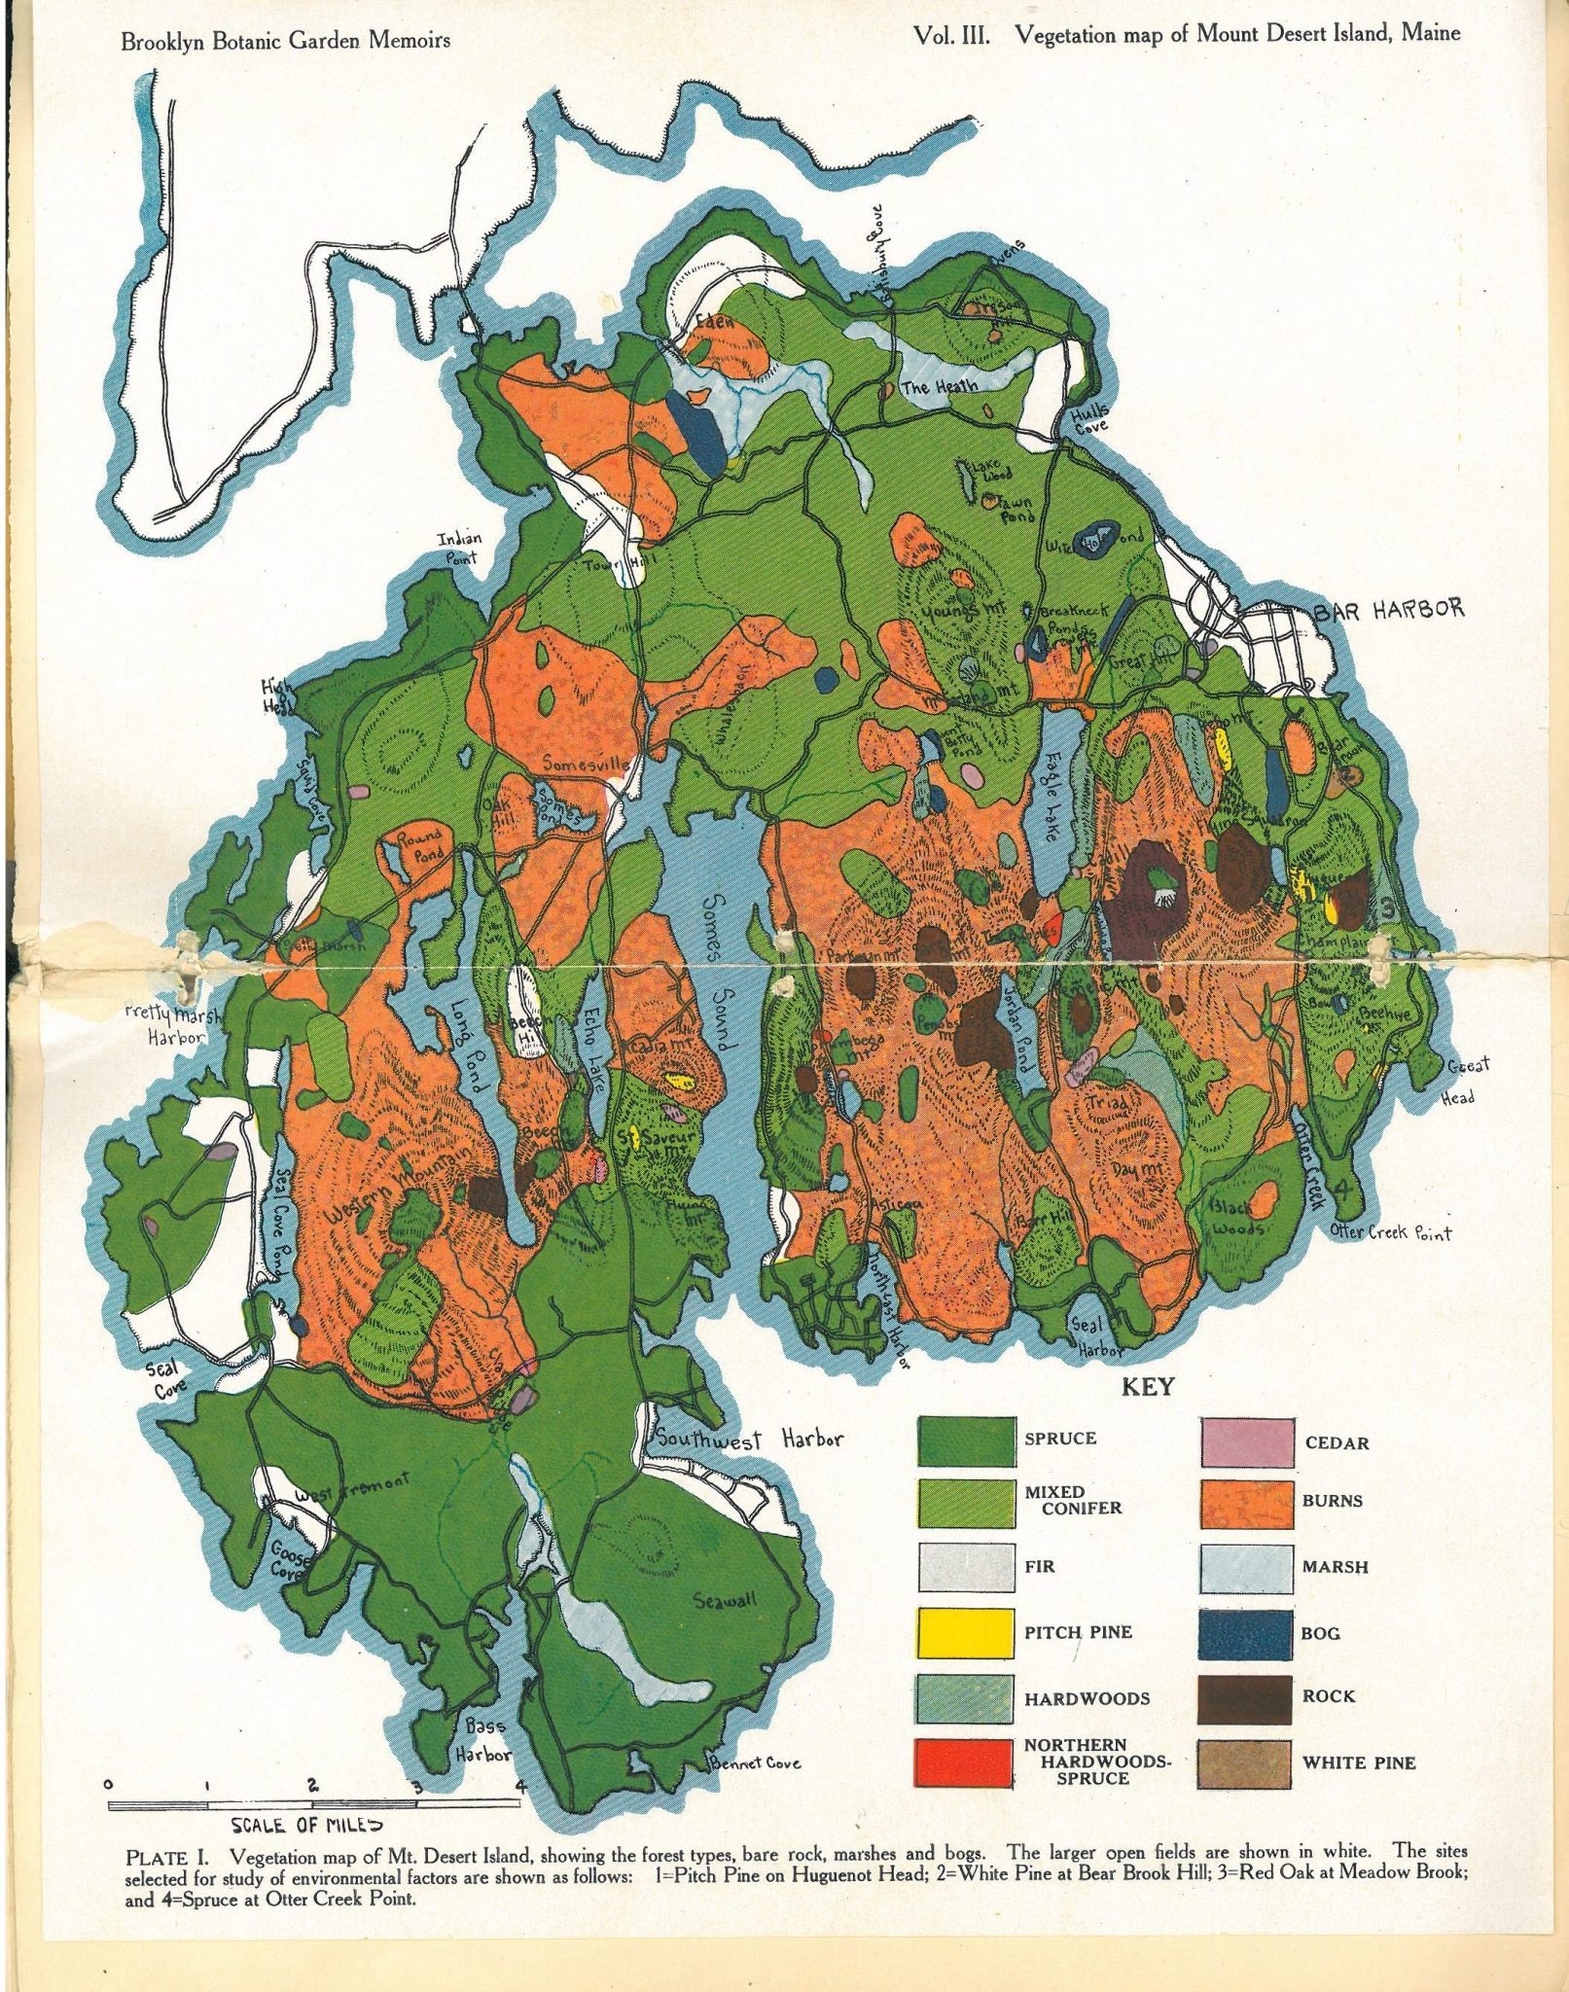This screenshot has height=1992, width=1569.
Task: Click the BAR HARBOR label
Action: [1389, 610]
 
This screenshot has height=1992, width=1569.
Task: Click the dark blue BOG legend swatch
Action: [1247, 1631]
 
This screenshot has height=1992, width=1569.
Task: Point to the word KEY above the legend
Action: [1148, 1387]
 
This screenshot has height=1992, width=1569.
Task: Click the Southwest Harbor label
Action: [748, 1439]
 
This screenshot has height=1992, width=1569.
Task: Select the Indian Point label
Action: [460, 549]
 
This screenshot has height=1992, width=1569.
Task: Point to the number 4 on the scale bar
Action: [522, 1785]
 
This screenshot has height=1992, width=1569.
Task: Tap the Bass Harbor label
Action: [483, 1741]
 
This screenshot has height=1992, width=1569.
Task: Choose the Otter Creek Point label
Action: [1390, 1233]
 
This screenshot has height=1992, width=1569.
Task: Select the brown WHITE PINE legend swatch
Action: [1247, 1761]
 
